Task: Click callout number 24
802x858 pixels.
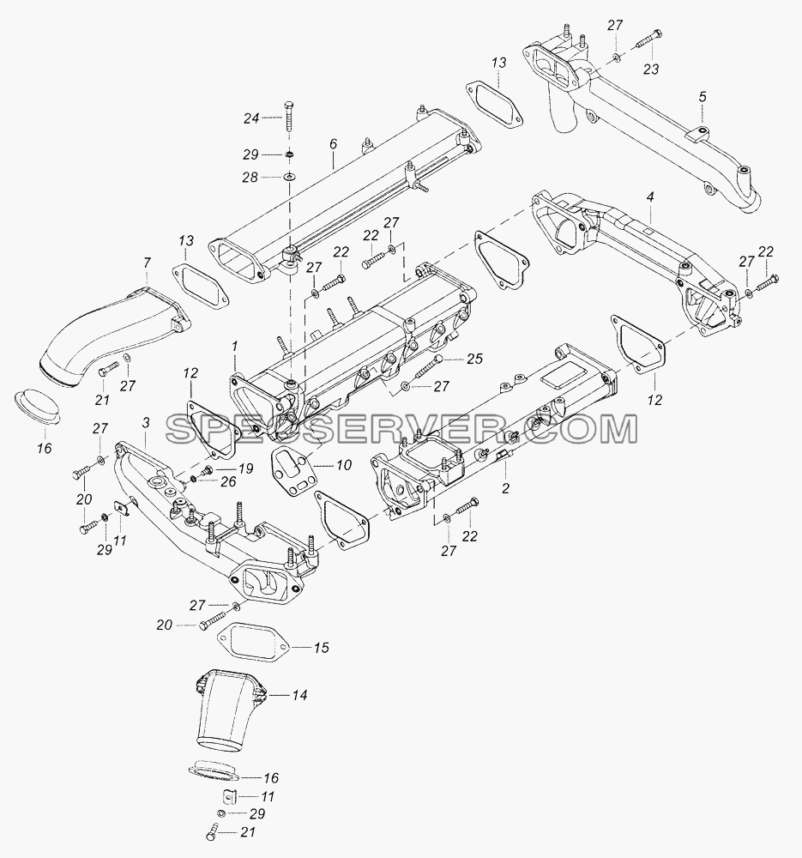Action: pos(251,118)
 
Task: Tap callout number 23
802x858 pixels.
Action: pos(651,69)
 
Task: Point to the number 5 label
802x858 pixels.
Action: pos(703,97)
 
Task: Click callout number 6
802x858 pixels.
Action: pos(333,144)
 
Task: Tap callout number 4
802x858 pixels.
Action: pos(650,197)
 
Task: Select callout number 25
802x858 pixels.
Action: pos(475,359)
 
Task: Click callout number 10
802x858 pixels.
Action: pos(344,465)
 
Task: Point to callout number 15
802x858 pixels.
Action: pos(321,647)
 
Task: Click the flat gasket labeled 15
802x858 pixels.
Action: pos(253,643)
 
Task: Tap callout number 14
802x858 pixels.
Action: pos(299,696)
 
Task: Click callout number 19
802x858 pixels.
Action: pos(245,468)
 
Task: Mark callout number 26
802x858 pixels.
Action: pos(228,481)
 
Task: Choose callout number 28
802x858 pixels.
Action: pos(250,178)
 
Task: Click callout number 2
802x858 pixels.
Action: pos(505,488)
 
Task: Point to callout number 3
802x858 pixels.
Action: pos(146,422)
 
